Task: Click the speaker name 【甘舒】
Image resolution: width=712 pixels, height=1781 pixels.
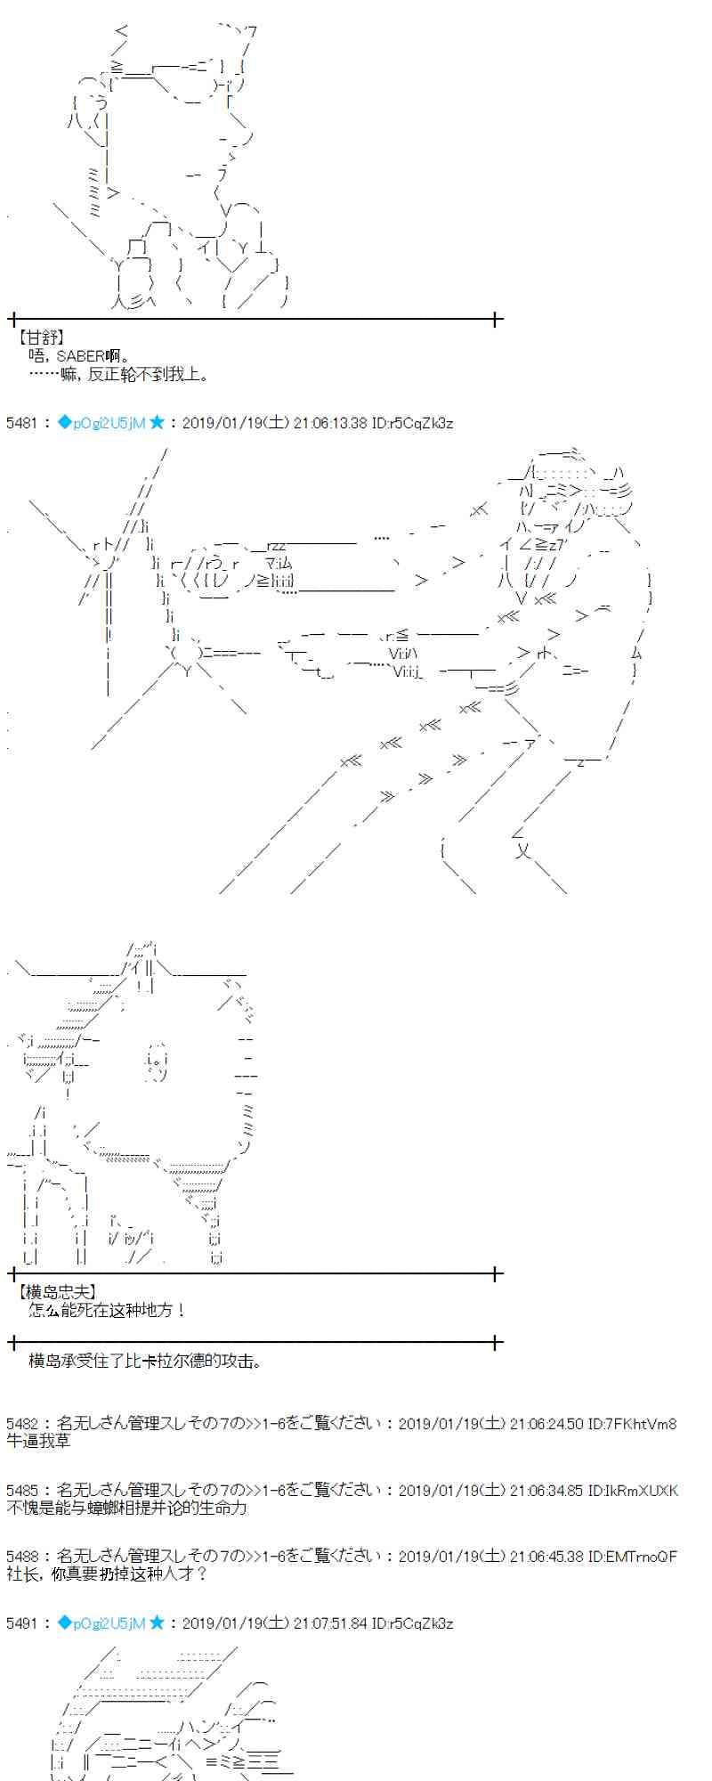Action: [40, 337]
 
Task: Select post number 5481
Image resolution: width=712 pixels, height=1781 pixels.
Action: [21, 423]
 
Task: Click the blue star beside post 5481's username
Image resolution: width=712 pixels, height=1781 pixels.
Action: [157, 423]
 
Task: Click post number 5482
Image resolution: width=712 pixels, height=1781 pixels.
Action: [21, 1423]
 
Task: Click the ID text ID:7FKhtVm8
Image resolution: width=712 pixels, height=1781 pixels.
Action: [633, 1423]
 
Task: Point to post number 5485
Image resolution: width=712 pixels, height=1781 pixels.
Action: [21, 1490]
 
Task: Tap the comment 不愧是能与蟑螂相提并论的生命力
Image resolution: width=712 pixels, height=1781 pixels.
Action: [126, 1508]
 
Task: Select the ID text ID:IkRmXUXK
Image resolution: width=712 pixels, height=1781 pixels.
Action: [633, 1490]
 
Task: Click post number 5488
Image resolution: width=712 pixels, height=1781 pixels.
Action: [21, 1557]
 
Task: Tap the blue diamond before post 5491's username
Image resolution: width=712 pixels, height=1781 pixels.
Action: [64, 1623]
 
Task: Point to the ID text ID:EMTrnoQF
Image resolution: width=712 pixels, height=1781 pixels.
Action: [633, 1557]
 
